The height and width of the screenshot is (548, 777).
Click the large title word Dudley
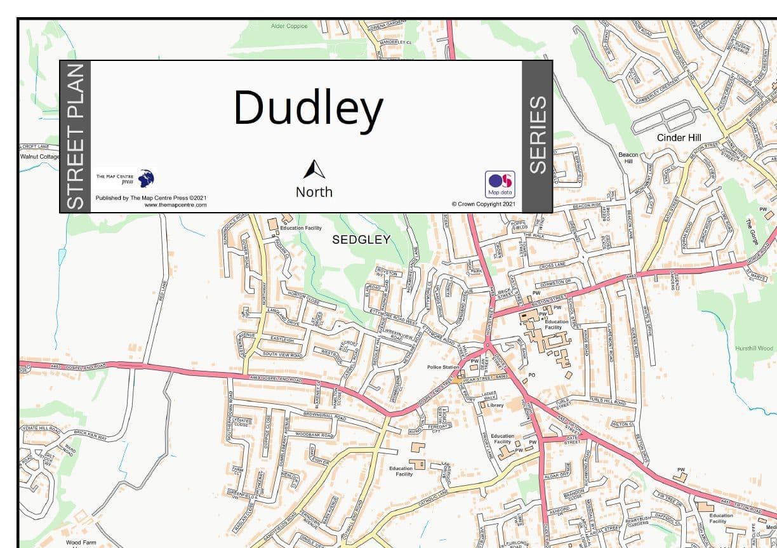coord(308,108)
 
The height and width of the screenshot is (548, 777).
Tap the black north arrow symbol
coord(314,170)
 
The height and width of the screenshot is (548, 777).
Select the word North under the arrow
coord(314,192)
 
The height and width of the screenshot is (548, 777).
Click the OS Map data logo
coord(500,184)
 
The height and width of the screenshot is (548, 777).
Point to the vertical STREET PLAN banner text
coord(75,137)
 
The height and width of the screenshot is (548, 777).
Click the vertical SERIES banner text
coord(538,135)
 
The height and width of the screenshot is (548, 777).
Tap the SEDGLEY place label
coord(361,239)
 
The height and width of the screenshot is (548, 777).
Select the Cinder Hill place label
coord(680,138)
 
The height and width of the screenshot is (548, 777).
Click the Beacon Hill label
coord(628,157)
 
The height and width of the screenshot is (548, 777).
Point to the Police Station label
coord(443,367)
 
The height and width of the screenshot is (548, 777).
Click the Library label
coord(495,405)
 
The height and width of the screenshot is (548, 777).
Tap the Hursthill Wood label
coord(754,348)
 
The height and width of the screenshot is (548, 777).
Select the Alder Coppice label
coord(289,26)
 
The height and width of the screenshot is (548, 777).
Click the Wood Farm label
coord(82,542)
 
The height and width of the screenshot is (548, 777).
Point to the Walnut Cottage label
coord(39,156)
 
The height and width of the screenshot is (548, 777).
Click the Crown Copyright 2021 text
coord(484,204)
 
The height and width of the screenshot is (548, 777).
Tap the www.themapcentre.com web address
coord(175,204)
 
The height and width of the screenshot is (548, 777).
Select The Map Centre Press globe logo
coord(146,178)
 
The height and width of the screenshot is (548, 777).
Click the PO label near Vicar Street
coord(532,375)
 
